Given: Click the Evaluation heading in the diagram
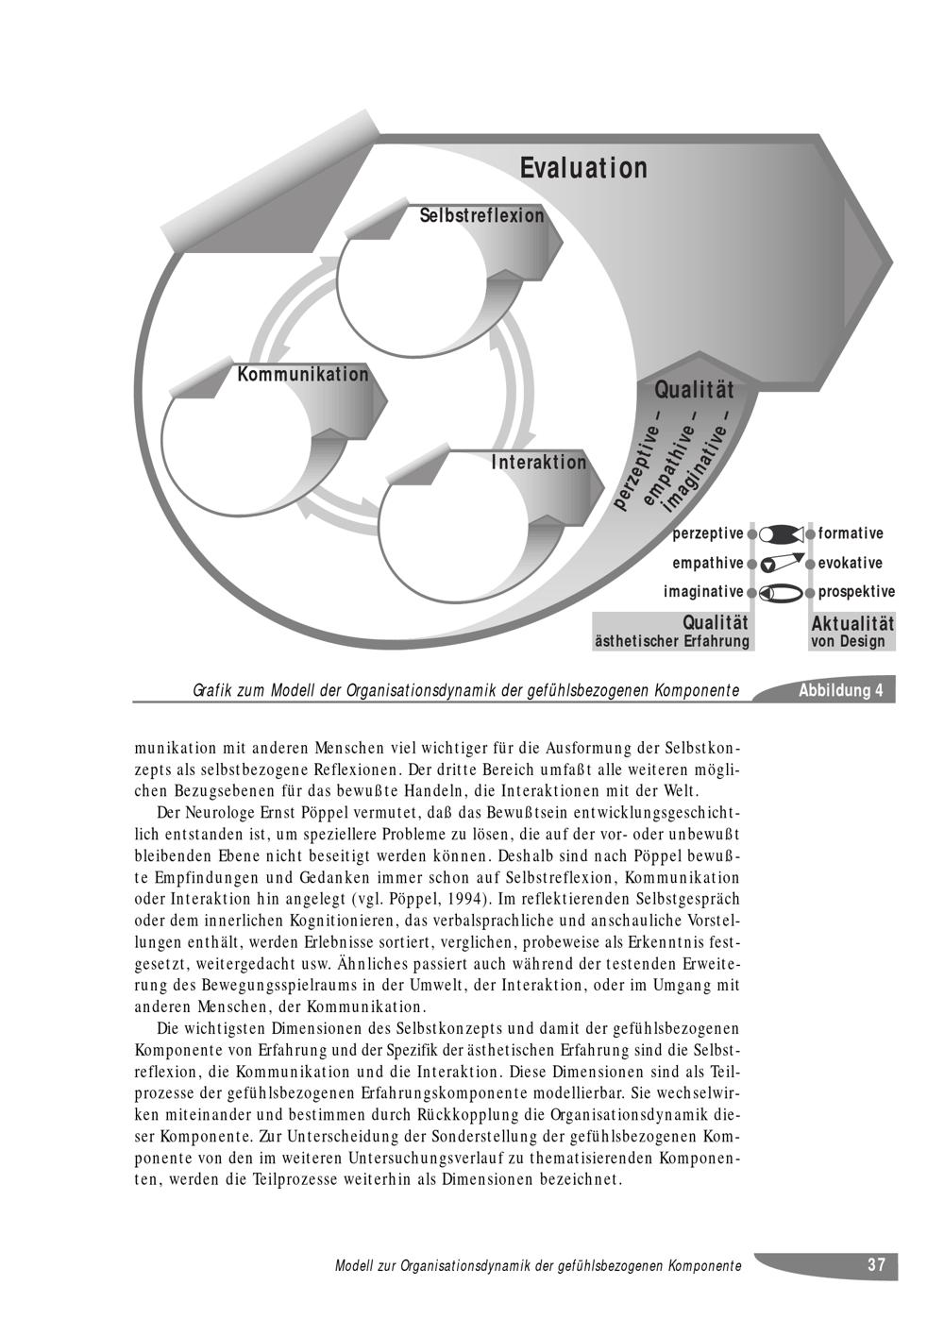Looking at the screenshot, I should coord(583,168).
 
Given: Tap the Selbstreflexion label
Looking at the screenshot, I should coord(481,215).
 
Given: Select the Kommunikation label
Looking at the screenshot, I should coord(303,375).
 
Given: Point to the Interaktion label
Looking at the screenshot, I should coord(539,463).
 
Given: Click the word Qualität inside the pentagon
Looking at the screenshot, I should coord(694,389).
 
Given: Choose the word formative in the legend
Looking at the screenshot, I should coord(851,533).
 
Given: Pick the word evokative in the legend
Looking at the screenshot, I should coord(851,563).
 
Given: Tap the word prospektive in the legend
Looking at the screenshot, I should coord(856,592).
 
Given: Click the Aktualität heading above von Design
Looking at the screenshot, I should coord(852,623).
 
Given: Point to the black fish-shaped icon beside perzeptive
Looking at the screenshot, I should coord(780,533).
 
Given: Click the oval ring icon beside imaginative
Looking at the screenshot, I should coord(781,593).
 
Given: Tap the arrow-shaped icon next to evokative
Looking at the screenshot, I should coord(782,563).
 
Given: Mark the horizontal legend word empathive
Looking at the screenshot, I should coord(707,564).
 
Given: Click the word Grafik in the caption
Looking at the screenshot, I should coord(212,691).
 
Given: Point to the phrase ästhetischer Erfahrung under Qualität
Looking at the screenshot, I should coord(671,642).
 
